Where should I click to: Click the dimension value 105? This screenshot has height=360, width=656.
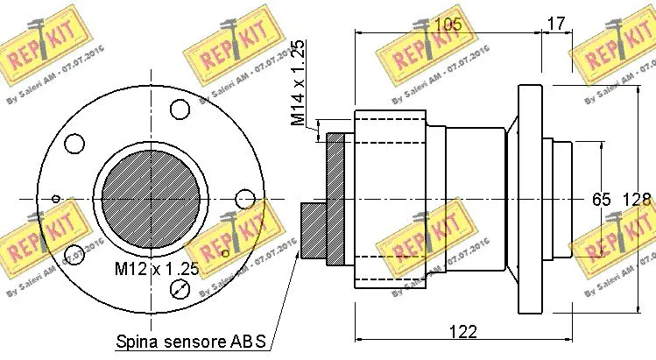tap(448, 25)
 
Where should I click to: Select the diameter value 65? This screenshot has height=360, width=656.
tap(601, 200)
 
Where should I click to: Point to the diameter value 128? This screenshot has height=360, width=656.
tap(637, 200)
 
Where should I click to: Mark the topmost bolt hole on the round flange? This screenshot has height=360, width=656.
tap(180, 109)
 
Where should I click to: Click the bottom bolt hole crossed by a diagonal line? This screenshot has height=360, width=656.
tap(180, 290)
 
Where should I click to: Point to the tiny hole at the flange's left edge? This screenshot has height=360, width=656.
tap(55, 199)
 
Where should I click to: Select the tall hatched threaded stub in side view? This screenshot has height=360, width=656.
tap(337, 199)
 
